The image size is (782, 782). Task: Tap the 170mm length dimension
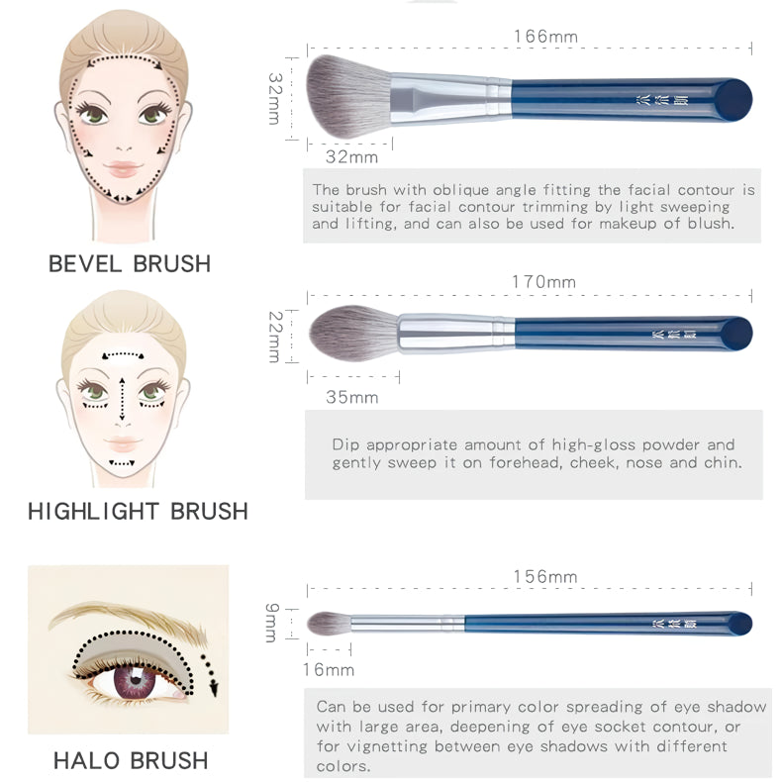point(543,282)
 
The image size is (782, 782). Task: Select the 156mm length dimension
point(544,577)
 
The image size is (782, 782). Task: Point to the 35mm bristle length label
point(351,398)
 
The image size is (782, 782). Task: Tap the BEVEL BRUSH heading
point(130,264)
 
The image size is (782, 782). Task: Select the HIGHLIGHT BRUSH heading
point(138,512)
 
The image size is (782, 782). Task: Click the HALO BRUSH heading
point(131,760)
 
